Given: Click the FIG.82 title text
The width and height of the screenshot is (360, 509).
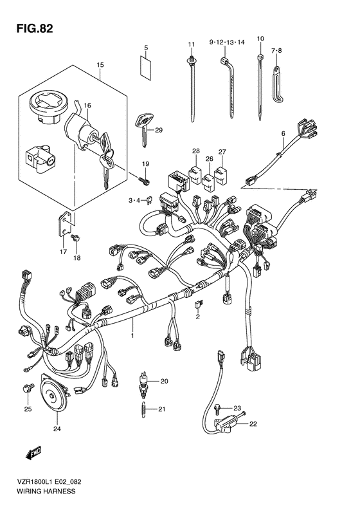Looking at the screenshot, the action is (34, 29).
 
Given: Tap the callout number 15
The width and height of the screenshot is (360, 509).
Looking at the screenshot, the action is (100, 65).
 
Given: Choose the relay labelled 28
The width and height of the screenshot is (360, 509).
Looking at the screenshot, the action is (195, 175).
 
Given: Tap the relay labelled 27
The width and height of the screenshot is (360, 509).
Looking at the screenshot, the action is (222, 176).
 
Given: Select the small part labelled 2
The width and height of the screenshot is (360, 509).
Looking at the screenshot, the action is (198, 304).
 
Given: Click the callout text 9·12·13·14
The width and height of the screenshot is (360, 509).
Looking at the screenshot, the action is (227, 42).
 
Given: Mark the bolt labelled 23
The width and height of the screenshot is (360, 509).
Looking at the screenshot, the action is (218, 409).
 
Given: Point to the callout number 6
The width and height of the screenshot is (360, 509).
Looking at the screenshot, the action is (283, 133).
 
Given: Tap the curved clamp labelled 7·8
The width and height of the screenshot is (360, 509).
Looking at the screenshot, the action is (278, 84).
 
